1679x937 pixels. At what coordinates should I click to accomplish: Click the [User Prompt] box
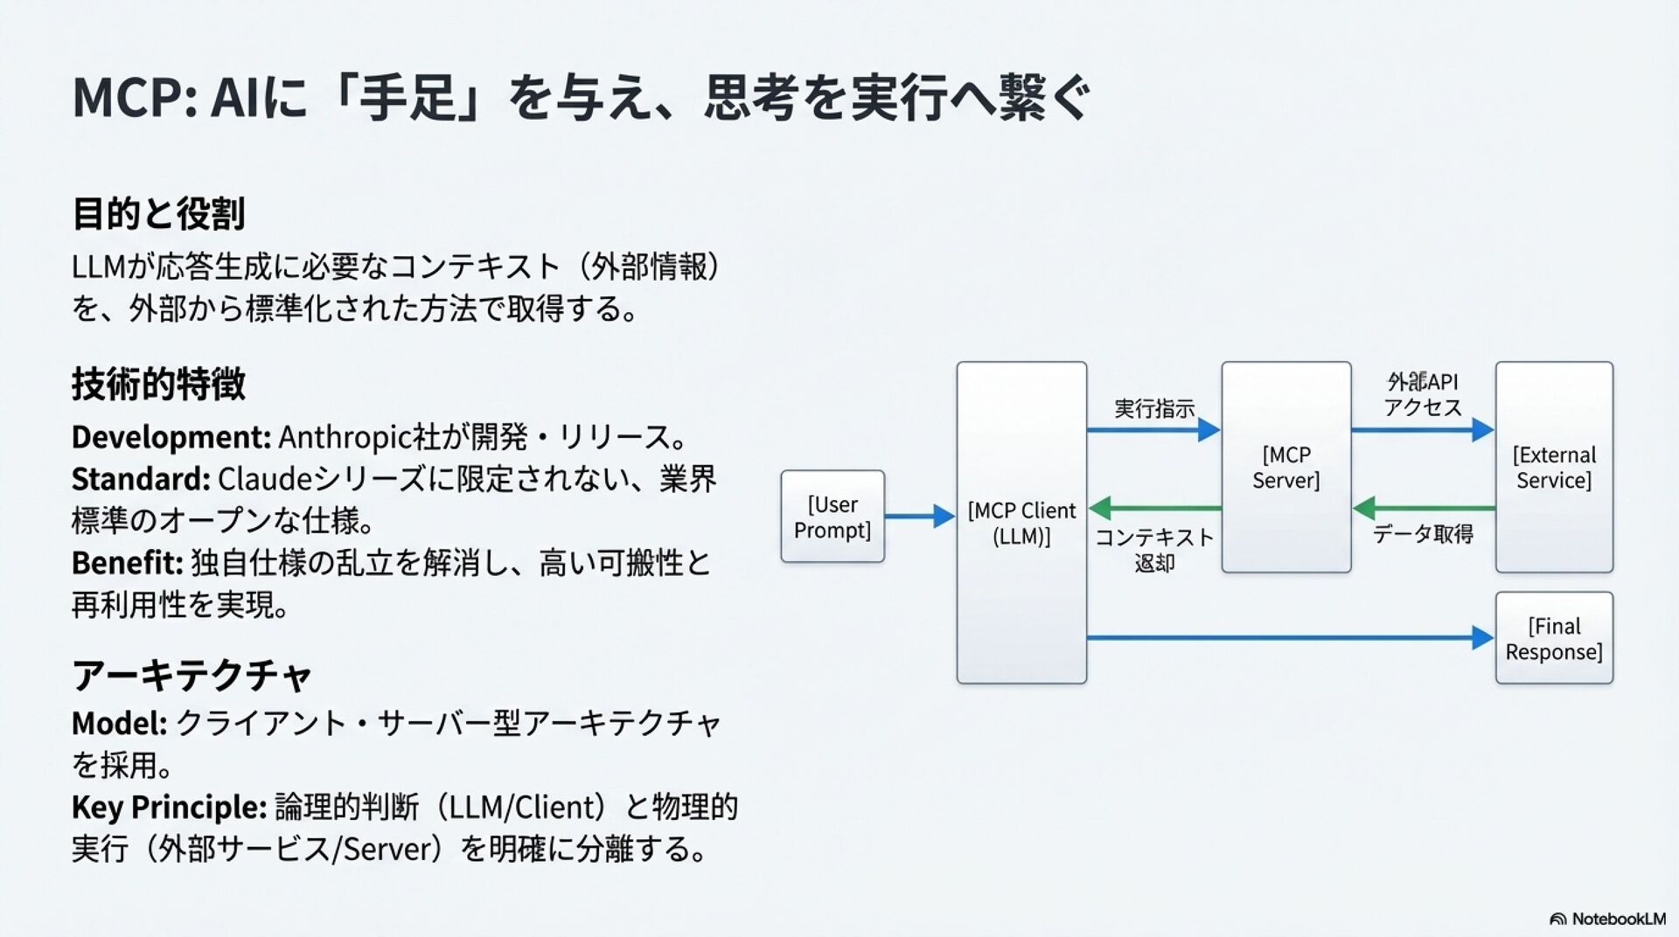(x=832, y=517)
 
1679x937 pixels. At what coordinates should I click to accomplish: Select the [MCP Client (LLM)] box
(x=1021, y=523)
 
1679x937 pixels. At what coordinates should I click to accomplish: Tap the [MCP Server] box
(x=1285, y=468)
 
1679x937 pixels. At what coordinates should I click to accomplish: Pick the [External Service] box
(x=1553, y=468)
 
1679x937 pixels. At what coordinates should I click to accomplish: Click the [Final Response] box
(x=1553, y=638)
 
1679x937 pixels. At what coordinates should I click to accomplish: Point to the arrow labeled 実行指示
(x=1153, y=430)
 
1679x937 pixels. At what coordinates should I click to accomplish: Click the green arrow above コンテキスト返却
(x=1154, y=508)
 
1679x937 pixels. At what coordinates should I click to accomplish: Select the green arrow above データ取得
(x=1423, y=508)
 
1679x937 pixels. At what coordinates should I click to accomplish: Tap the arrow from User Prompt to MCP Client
(x=919, y=517)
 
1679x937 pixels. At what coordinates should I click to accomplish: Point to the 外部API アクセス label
(x=1423, y=394)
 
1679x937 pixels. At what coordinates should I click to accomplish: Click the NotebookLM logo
(x=1607, y=919)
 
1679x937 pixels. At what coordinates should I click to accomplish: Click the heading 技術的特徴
(x=158, y=385)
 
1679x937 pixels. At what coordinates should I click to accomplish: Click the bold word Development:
(x=171, y=437)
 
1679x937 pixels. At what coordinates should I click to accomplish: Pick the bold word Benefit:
(x=127, y=563)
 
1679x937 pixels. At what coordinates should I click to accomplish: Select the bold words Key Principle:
(x=169, y=808)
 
